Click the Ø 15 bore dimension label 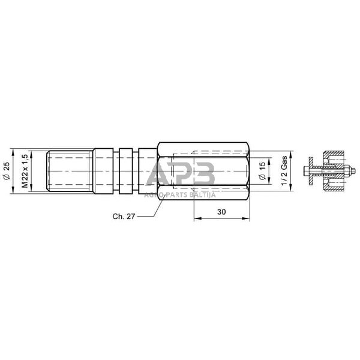pyautogui.click(x=262, y=170)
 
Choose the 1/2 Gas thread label pyautogui.click(x=284, y=171)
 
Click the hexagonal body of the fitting pyautogui.click(x=203, y=170)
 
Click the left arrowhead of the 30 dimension pyautogui.click(x=195, y=219)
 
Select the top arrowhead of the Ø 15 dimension pyautogui.click(x=269, y=160)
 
